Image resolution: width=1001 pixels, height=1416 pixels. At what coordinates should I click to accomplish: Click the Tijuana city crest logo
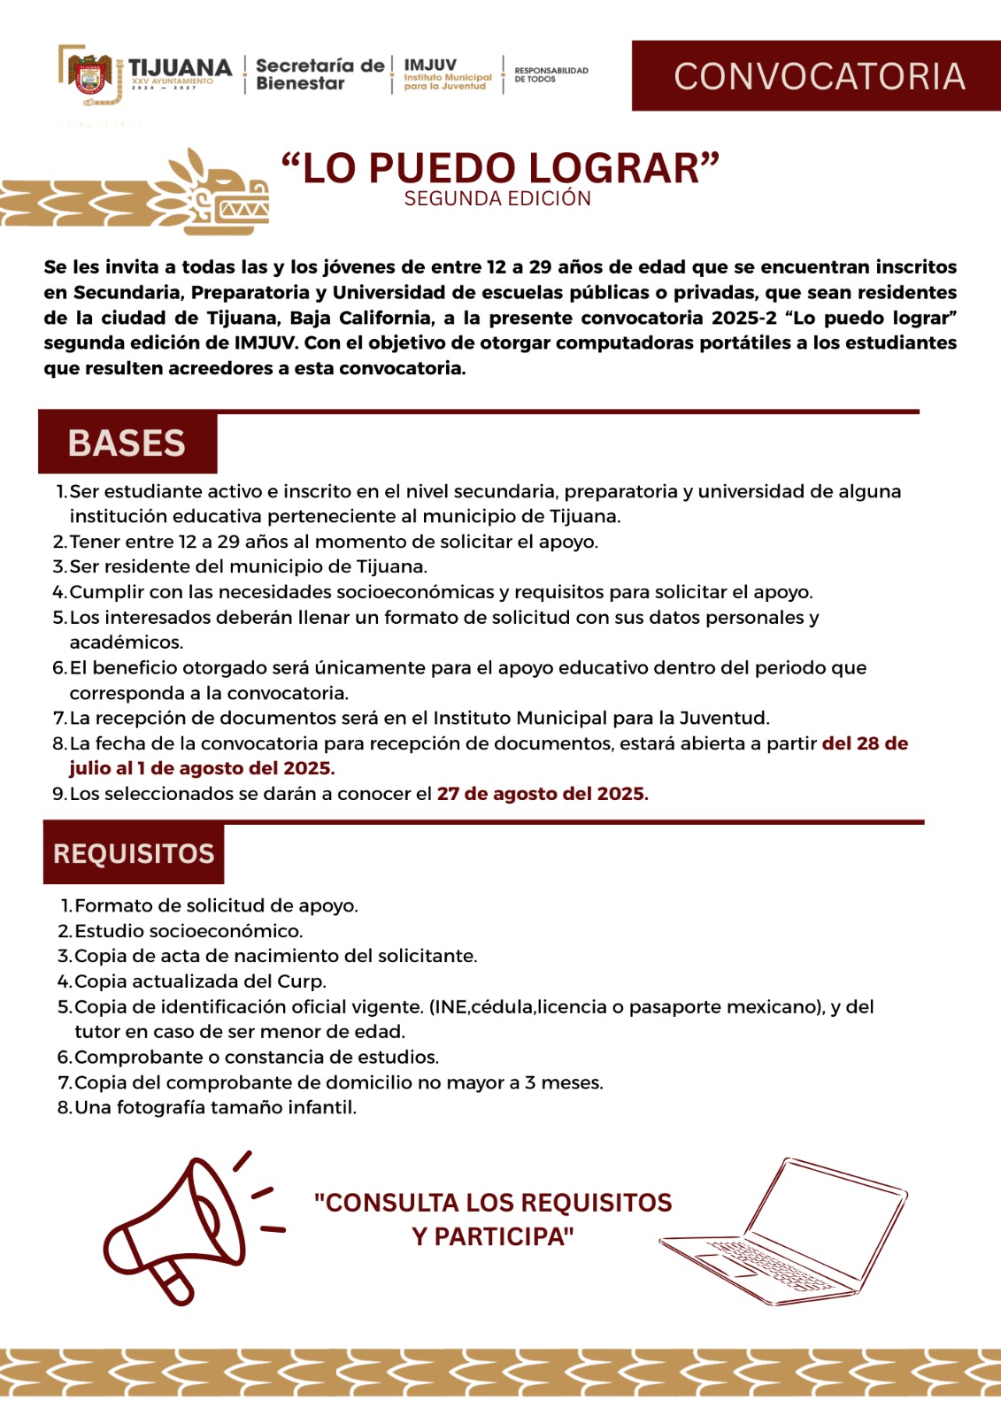[88, 76]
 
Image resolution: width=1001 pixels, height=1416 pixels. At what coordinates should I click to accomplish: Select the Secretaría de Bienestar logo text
[320, 74]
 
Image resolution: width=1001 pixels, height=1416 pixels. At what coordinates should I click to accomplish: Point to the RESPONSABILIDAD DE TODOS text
[551, 74]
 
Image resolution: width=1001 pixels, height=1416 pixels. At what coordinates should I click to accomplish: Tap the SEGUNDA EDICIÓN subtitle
[497, 199]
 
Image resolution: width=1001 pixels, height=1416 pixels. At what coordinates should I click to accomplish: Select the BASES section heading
[127, 442]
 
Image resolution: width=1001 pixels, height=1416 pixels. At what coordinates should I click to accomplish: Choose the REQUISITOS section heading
[134, 853]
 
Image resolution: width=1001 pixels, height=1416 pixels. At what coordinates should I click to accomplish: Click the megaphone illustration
[181, 1226]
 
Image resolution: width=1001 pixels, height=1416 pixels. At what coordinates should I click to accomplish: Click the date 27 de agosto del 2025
[543, 794]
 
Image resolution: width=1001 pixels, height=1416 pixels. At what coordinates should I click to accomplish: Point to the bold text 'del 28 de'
[865, 743]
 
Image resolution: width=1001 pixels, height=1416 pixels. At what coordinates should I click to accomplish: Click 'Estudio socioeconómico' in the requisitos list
[189, 931]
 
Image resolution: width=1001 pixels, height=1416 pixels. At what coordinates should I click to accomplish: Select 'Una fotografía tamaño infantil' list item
[215, 1107]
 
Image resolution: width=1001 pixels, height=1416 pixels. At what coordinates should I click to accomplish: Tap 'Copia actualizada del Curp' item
[200, 981]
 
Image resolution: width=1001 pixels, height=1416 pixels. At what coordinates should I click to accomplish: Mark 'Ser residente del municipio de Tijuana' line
[248, 566]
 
